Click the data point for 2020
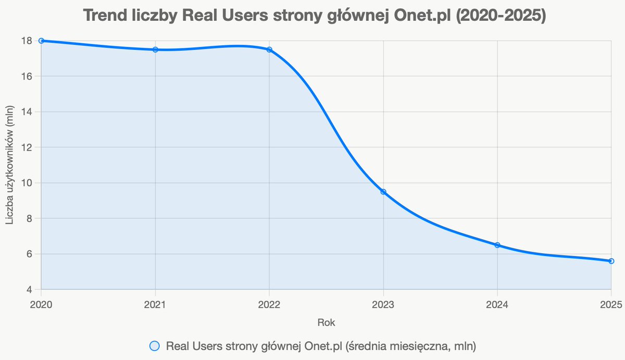coord(41,41)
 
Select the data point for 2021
coord(155,49)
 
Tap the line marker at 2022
coord(269,49)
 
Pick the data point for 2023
coord(383,192)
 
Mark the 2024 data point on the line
coord(497,245)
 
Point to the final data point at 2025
coord(611,261)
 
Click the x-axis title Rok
coord(326,322)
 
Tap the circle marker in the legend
coord(154,346)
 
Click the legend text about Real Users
coord(321,346)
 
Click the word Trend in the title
coord(104,16)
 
